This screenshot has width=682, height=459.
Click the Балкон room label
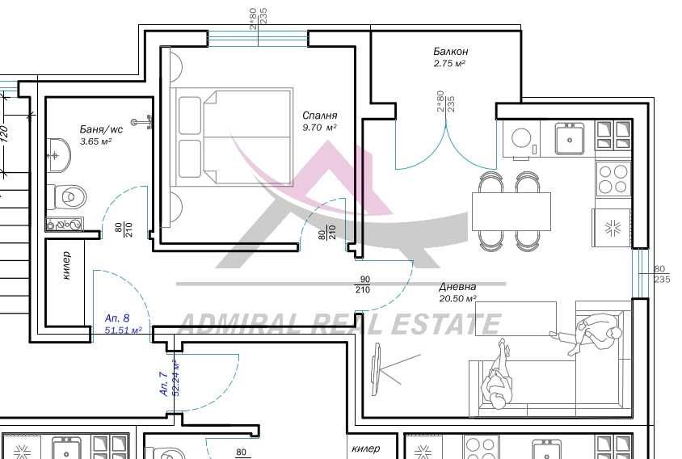point(450,52)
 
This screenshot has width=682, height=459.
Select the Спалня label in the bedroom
point(320,116)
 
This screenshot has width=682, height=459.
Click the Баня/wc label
point(101,129)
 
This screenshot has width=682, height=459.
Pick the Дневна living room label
point(457,287)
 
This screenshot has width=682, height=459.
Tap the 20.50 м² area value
point(457,298)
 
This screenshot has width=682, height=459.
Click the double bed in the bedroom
point(234,137)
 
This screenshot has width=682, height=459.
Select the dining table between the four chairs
point(511,211)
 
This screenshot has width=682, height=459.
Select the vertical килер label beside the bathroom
point(65,266)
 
